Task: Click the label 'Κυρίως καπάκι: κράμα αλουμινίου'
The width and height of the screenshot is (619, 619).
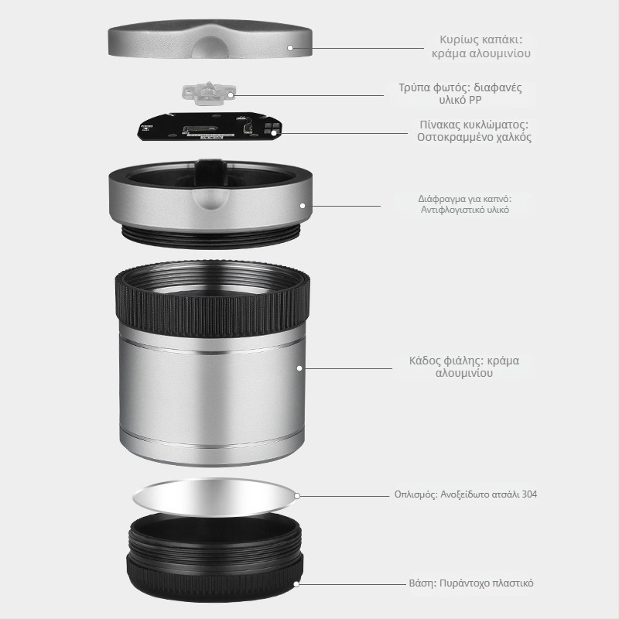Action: click(480, 46)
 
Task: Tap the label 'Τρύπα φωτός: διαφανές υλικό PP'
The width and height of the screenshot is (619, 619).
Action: click(460, 93)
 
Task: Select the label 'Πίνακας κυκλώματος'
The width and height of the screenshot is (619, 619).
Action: click(474, 125)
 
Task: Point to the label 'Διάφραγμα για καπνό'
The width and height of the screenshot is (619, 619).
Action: click(465, 198)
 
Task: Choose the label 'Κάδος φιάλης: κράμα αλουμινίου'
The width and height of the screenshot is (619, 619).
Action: click(463, 366)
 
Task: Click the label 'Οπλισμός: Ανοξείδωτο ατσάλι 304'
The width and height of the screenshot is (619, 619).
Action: click(466, 494)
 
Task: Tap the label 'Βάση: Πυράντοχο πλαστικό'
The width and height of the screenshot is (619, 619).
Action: click(471, 583)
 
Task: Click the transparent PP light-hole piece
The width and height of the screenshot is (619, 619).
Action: click(208, 93)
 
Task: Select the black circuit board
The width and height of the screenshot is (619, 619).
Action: click(209, 126)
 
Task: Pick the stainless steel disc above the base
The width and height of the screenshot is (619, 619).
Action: click(215, 498)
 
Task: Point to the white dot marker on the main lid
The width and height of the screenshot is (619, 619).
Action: click(290, 48)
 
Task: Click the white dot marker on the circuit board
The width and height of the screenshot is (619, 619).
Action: click(274, 133)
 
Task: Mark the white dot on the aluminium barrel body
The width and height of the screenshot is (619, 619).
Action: click(299, 368)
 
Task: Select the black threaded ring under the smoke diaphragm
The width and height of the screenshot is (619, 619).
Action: click(211, 236)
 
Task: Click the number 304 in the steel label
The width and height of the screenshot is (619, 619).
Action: click(529, 494)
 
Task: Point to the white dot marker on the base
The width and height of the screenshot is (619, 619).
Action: click(296, 584)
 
